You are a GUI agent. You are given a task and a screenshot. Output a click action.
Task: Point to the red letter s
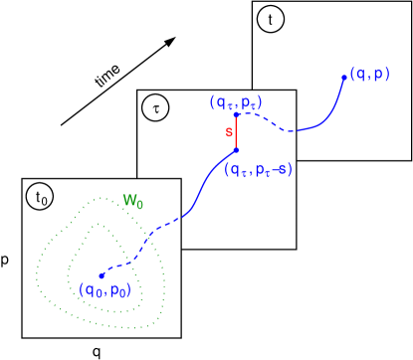click(x=228, y=131)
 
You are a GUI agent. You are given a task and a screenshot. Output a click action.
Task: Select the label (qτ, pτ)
click(x=237, y=102)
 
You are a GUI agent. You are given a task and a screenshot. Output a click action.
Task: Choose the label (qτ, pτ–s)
click(x=261, y=170)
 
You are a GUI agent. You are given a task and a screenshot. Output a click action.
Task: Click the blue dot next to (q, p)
click(x=344, y=77)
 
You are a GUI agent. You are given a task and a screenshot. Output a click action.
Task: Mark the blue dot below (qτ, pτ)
click(x=236, y=114)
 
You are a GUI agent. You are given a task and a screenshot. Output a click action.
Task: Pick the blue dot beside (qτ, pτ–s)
click(x=236, y=150)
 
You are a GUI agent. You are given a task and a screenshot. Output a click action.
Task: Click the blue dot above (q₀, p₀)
click(x=102, y=275)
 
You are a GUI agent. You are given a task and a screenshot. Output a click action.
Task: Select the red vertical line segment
click(x=236, y=132)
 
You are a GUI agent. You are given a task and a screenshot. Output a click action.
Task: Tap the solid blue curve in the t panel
click(x=328, y=114)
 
